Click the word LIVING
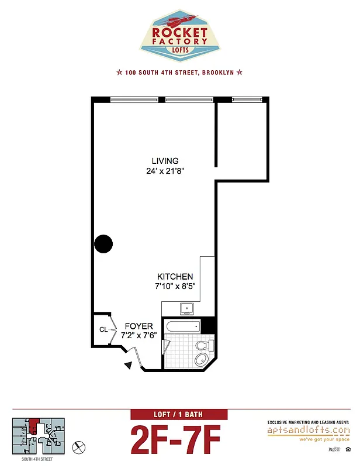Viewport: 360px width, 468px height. tap(165, 161)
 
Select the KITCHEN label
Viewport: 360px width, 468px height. tap(175, 277)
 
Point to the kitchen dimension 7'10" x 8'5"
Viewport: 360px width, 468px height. tap(175, 287)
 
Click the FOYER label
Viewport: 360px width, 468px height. tap(139, 326)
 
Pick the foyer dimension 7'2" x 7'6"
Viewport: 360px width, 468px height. tap(139, 336)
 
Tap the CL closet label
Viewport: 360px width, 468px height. tap(103, 329)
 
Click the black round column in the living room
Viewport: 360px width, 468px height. tap(103, 243)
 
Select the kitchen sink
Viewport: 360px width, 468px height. tap(188, 308)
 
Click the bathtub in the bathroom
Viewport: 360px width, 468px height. tap(184, 326)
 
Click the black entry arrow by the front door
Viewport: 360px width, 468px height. tap(129, 366)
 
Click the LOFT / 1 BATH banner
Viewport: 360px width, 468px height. tap(176, 415)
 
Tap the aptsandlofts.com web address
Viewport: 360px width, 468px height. tap(308, 430)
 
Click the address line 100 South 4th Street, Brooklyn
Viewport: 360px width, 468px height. tap(179, 73)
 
